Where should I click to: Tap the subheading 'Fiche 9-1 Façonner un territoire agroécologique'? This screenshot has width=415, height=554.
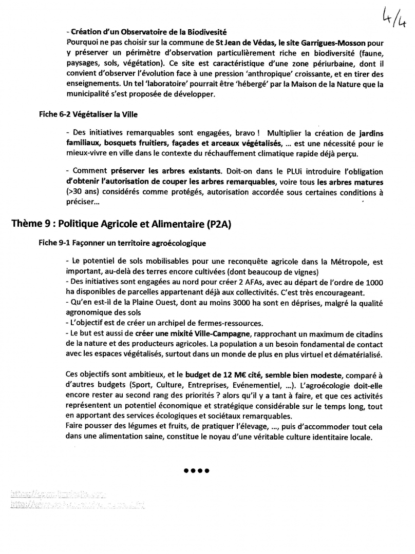coord(122,242)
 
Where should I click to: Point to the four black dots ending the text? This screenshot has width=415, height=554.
coord(196,470)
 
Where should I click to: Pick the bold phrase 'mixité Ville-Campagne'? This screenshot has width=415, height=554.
coord(200,333)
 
